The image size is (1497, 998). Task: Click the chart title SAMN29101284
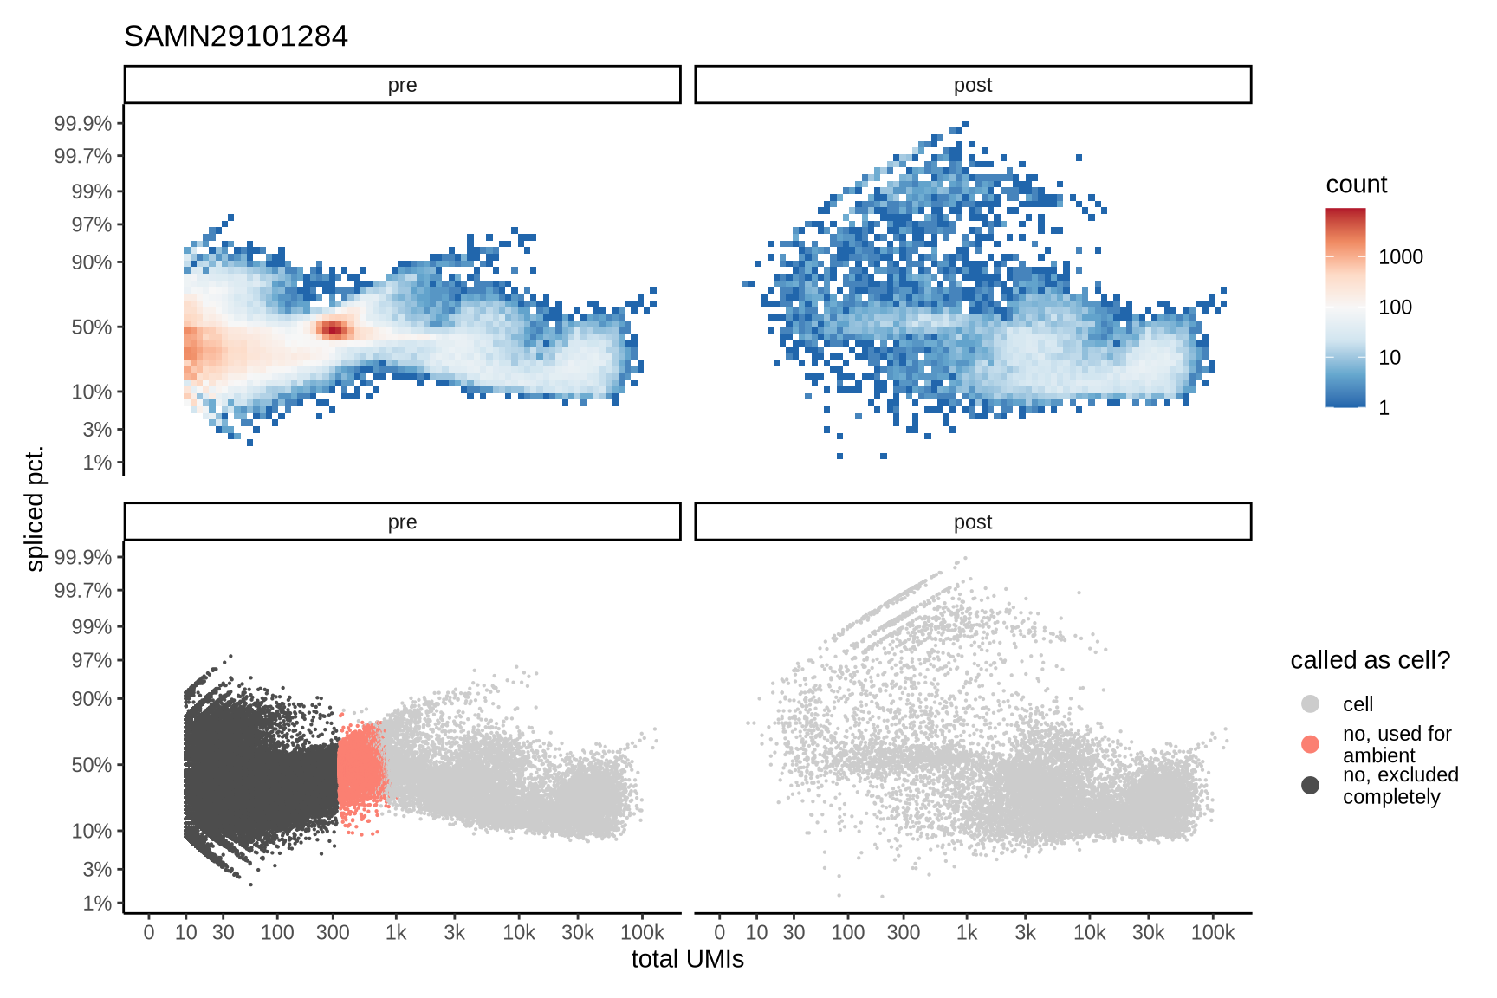[236, 36]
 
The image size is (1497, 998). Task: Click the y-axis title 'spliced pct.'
[35, 509]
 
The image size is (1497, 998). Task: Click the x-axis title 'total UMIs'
[687, 959]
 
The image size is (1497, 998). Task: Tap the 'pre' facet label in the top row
[402, 85]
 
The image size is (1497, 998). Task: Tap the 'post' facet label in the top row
[972, 85]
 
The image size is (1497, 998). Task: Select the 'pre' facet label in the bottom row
[402, 522]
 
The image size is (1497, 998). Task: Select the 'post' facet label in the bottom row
[972, 522]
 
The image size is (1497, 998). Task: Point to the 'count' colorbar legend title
[1356, 185]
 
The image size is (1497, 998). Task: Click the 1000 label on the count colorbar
[1400, 257]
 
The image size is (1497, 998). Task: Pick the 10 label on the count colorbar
[1389, 358]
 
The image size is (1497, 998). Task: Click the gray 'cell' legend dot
[1310, 703]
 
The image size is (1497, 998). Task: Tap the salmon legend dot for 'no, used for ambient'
[1310, 744]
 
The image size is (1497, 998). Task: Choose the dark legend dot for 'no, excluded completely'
[1310, 785]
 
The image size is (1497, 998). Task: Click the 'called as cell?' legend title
[1370, 660]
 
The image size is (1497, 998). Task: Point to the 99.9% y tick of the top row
[83, 123]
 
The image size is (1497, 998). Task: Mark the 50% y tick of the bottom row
[91, 765]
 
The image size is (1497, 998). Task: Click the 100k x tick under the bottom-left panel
[642, 933]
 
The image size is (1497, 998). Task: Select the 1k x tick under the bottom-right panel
[967, 933]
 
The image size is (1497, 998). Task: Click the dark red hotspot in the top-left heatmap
[334, 328]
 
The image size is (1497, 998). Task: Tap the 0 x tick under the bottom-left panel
[149, 933]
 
